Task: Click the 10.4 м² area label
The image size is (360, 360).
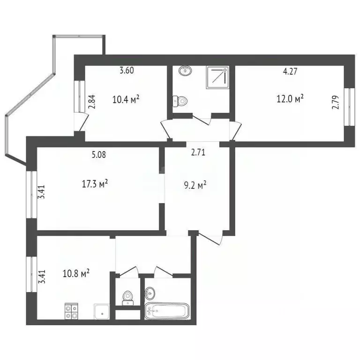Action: (x=127, y=99)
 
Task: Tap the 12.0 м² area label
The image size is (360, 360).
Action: (x=291, y=98)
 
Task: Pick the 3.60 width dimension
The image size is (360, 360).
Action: (x=127, y=71)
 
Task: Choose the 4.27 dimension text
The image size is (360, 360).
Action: (x=291, y=72)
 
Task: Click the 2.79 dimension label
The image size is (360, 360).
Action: (x=335, y=101)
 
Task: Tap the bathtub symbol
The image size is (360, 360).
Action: (x=167, y=311)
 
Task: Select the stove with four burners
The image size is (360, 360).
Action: (x=72, y=312)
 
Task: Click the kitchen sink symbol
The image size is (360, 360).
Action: (x=102, y=312)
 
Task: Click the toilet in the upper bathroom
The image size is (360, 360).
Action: (x=180, y=100)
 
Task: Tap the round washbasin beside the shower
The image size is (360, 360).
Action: (x=186, y=71)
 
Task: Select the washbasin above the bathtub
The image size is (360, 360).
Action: (x=150, y=293)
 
